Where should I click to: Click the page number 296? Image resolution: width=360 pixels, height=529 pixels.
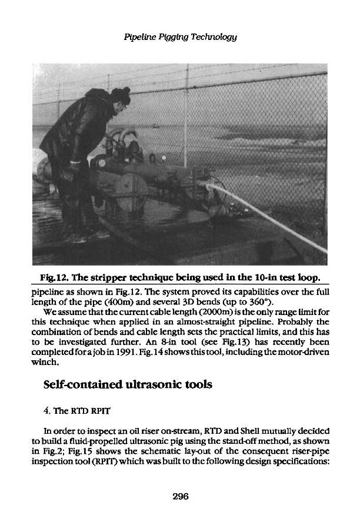[x=180, y=497]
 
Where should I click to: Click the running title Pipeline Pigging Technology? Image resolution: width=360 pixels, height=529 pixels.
[x=180, y=37]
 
